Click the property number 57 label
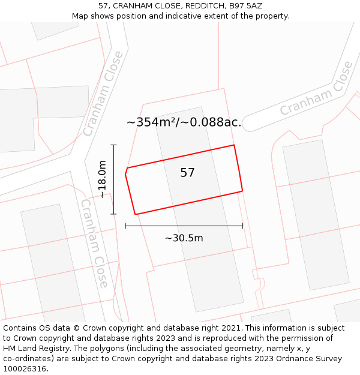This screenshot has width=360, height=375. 187,173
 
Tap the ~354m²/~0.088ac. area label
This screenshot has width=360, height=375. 184,122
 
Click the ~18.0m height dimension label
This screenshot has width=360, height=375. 103,179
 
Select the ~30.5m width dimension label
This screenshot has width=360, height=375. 184,238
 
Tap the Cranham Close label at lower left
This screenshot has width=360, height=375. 95,243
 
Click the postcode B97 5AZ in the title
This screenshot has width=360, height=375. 247,5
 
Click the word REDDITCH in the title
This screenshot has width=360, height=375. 203,5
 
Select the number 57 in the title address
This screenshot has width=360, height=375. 104,5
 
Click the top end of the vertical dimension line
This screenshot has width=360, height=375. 113,145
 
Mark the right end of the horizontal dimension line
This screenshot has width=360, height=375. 242,226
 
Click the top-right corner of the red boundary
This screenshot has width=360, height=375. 233,145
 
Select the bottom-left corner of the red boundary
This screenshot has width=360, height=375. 136,214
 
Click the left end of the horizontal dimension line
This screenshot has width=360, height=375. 125,226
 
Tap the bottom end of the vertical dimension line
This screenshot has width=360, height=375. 113,214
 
